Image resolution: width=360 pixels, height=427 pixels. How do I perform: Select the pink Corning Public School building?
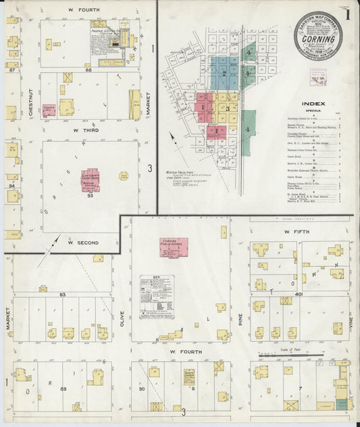pyautogui.click(x=174, y=247)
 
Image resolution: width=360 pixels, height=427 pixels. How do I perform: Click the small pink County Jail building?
pyautogui.click(x=49, y=109)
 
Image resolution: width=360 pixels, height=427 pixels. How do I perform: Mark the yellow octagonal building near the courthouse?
pyautogui.click(x=124, y=176)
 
